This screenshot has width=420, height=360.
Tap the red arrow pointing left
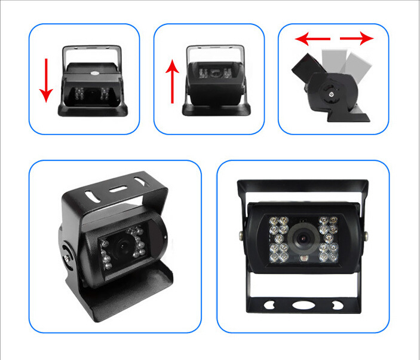(310, 39)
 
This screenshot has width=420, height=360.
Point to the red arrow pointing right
(357, 39)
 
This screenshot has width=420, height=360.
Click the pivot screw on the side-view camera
(329, 93)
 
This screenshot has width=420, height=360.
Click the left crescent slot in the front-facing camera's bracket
(271, 304)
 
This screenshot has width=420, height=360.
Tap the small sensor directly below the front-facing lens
(302, 260)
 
